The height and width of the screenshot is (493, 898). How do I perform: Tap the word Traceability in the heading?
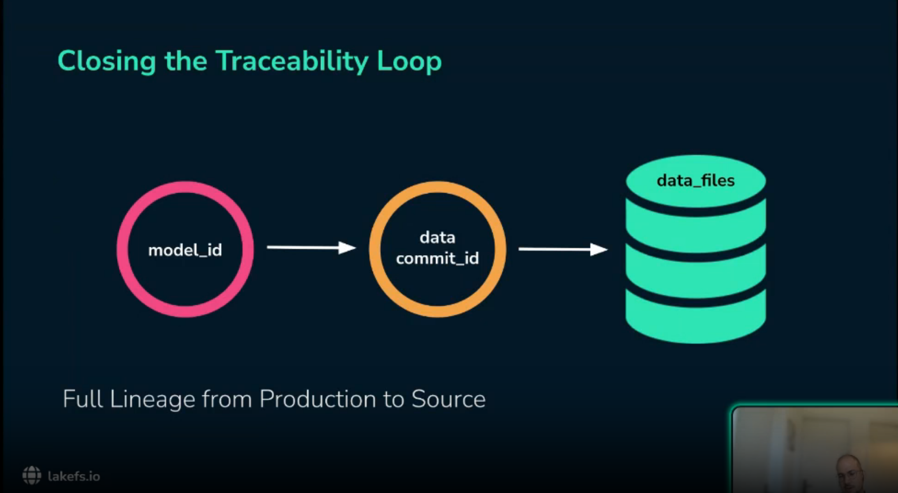292,62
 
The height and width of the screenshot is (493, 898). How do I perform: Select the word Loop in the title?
409,62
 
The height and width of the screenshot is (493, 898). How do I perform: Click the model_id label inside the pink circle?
185,250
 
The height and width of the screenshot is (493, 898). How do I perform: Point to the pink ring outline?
123,249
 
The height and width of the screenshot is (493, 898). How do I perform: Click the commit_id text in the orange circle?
437,259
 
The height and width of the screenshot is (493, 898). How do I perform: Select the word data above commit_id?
437,237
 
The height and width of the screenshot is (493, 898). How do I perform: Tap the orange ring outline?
375,249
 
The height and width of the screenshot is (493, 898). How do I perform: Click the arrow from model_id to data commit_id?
311,248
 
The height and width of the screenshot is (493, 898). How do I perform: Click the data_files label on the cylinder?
695,181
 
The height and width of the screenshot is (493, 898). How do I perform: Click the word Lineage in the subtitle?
152,399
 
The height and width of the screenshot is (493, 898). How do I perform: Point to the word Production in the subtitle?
317,399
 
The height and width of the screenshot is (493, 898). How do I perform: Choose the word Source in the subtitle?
448,399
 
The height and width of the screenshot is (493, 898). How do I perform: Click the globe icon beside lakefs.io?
32,476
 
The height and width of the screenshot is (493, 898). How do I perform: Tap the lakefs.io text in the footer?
74,477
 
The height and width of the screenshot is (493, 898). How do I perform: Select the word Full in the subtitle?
82,399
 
